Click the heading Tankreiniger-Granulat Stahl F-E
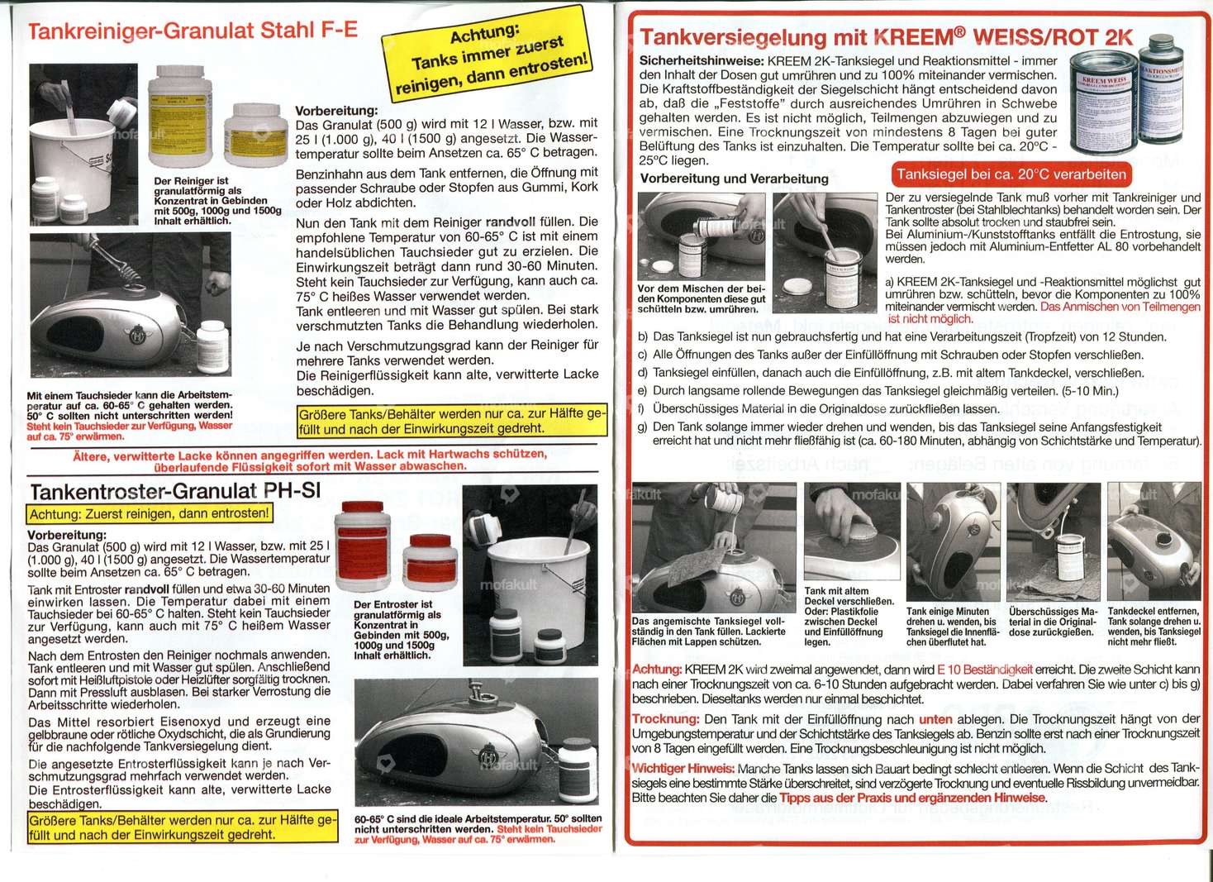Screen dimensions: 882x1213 click(x=193, y=31)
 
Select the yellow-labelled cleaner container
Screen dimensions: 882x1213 click(x=180, y=116)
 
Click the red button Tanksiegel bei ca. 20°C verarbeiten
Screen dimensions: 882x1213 click(x=1011, y=174)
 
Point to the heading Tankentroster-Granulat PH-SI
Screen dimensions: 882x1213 click(x=175, y=491)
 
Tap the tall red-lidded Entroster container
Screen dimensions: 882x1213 click(x=362, y=545)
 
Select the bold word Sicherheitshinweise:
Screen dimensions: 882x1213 click(x=702, y=61)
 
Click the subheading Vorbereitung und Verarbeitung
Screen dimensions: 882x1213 click(x=734, y=179)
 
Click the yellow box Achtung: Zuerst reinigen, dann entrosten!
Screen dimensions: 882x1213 click(x=150, y=514)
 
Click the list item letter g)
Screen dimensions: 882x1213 click(x=643, y=427)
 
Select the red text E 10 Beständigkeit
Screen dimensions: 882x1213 click(x=985, y=670)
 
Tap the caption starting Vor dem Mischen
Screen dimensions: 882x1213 click(x=702, y=298)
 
